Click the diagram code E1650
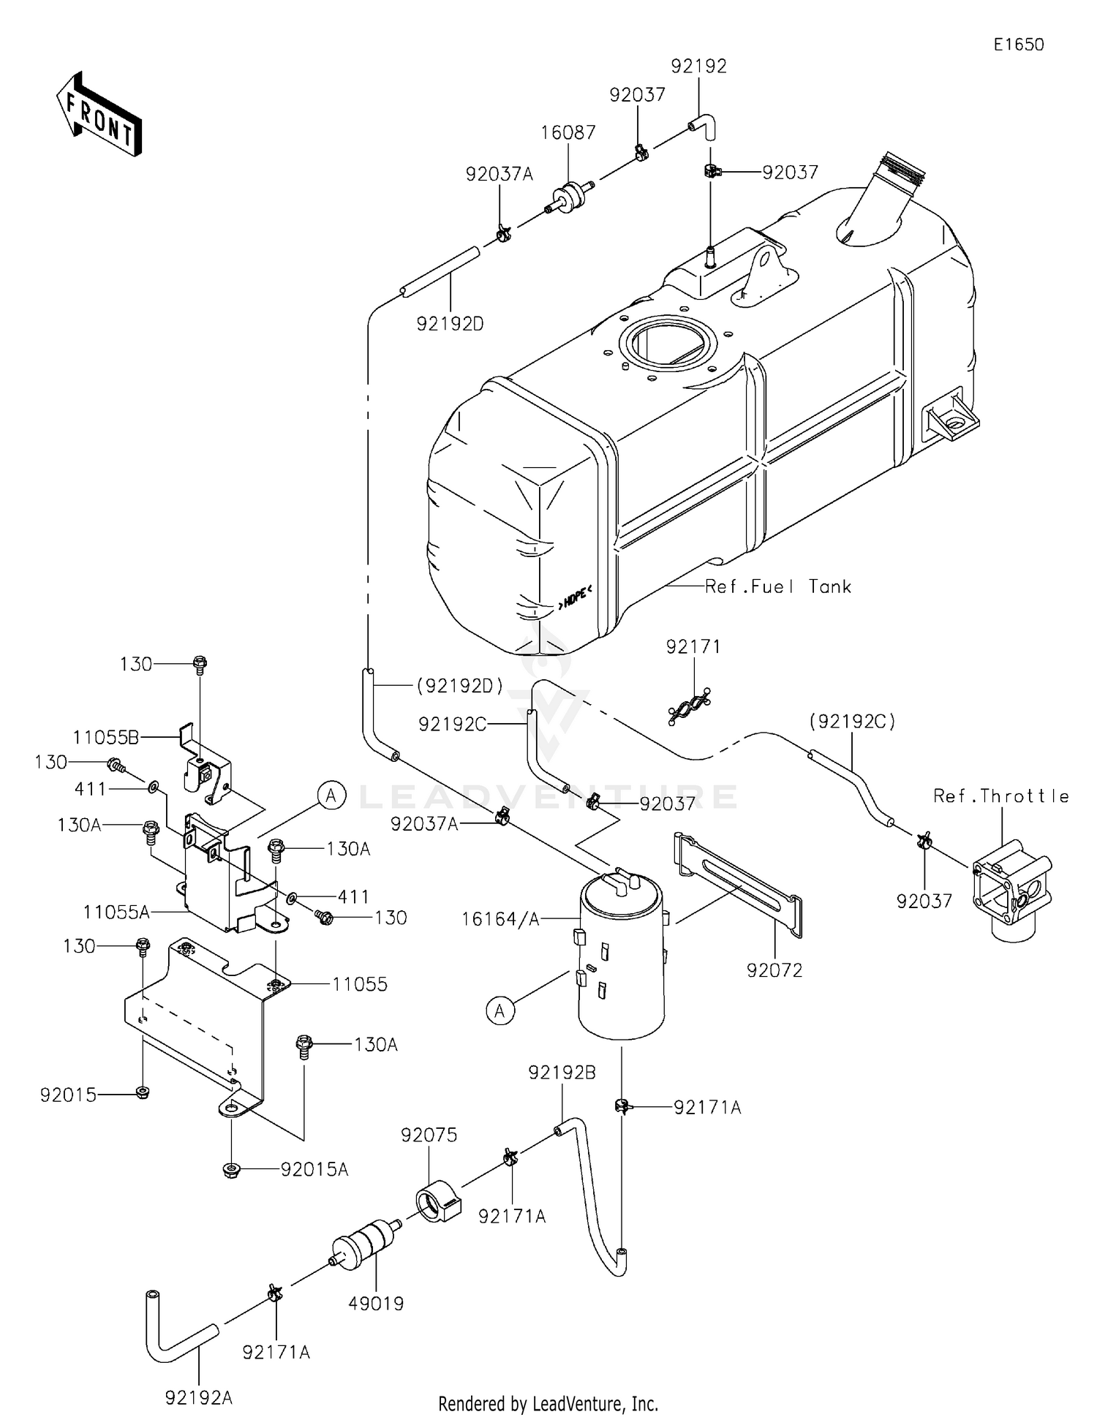tap(1018, 45)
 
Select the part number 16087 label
tap(568, 132)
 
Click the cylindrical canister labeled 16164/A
tap(622, 958)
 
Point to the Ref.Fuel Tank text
tap(778, 586)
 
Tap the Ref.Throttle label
tap(1000, 796)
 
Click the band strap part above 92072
tap(739, 885)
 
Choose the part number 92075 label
tap(429, 1135)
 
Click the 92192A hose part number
tap(199, 1397)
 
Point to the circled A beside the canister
tap(500, 1010)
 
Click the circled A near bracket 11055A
tap(331, 795)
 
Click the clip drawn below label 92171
tap(690, 706)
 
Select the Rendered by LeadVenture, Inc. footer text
tap(548, 1403)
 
